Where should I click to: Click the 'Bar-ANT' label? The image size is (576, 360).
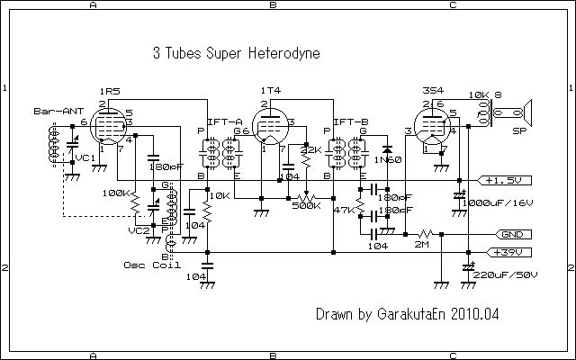click(51, 112)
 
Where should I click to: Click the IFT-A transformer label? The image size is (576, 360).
click(224, 121)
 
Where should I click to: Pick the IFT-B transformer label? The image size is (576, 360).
click(350, 121)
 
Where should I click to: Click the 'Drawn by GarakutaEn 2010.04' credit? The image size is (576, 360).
click(407, 315)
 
